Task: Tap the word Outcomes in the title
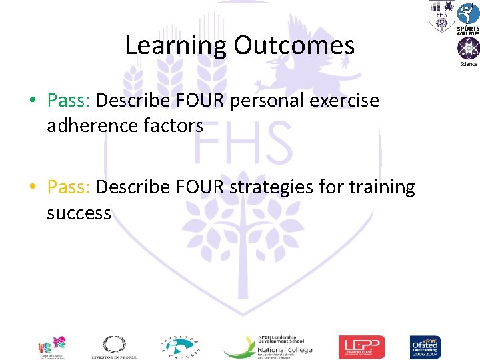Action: point(294,46)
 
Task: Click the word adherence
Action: point(88,125)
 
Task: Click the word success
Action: point(79,213)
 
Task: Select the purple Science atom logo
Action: point(467,51)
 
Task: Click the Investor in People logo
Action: point(113,347)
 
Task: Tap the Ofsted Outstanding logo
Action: point(425,347)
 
